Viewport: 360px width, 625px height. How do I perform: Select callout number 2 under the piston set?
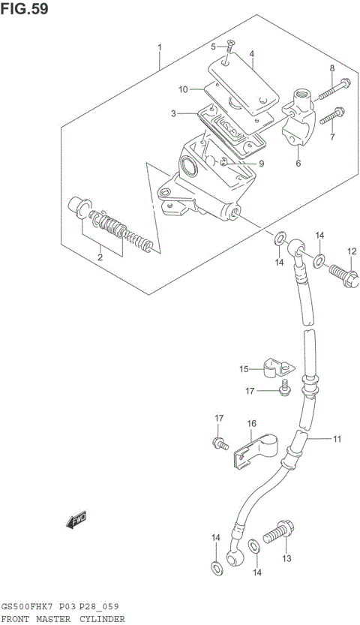pos(99,259)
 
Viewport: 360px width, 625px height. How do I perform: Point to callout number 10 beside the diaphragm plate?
pos(182,90)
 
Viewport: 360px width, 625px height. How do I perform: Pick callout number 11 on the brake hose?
pos(338,438)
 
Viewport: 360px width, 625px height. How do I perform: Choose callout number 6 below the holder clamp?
pos(297,163)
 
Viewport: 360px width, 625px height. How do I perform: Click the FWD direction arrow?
pos(75,520)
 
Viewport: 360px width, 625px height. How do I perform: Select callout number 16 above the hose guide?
pos(250,424)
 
